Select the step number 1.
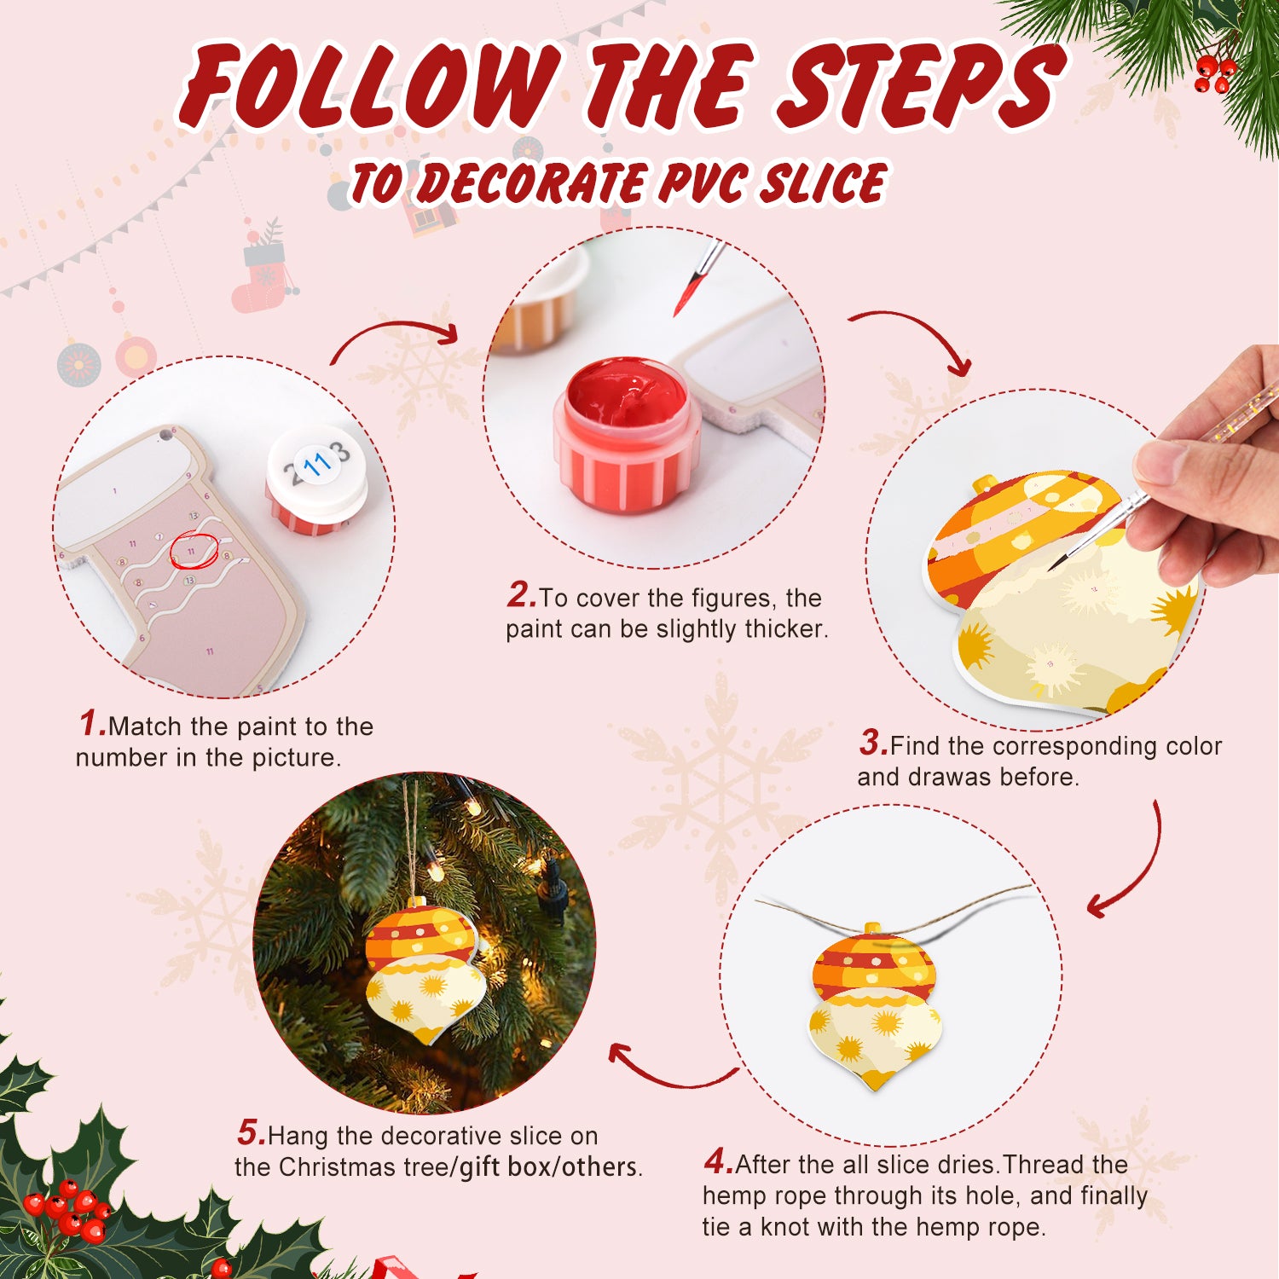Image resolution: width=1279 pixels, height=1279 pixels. [x=91, y=724]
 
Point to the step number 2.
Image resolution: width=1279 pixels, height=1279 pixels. [x=520, y=595]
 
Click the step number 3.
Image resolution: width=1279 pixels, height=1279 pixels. [x=872, y=744]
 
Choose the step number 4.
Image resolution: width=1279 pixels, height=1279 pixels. [x=717, y=1161]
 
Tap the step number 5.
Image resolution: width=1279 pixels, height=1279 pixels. [x=251, y=1133]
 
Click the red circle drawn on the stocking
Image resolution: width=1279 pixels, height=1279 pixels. [x=194, y=550]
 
